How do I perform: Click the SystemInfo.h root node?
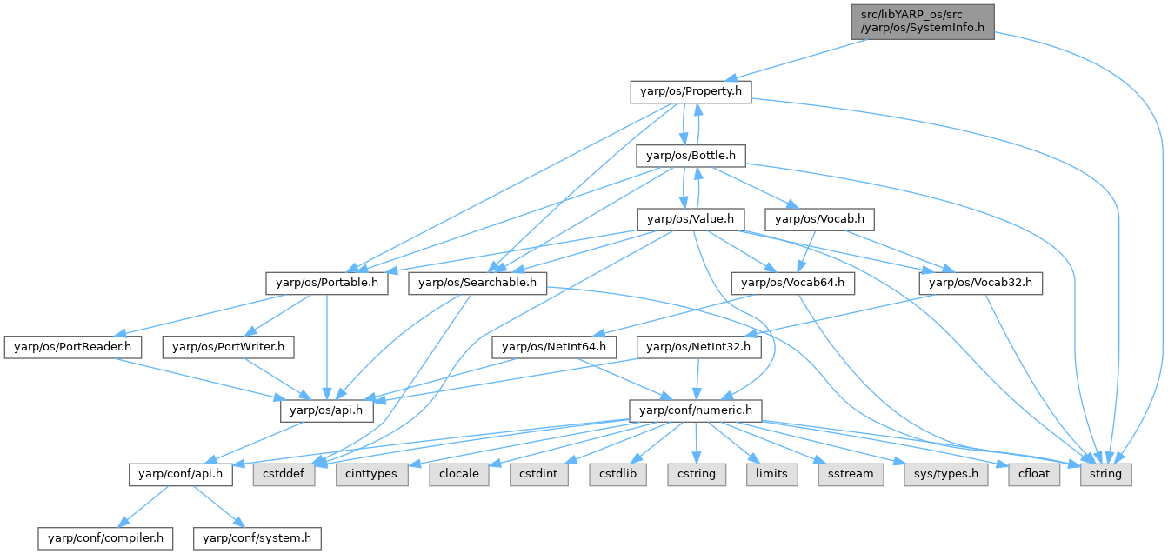coord(922,20)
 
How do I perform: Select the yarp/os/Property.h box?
coord(691,91)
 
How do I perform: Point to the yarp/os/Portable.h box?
coord(327,283)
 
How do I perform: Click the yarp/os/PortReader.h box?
coord(73,347)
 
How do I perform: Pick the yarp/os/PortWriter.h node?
coord(229,347)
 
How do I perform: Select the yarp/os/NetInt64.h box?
coord(555,347)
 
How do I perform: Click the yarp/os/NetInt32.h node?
coord(700,347)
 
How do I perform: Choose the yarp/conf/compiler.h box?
coord(105,538)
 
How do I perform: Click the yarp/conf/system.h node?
coord(257,538)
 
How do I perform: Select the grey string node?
coord(1106,475)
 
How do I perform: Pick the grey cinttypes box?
coord(373,475)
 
